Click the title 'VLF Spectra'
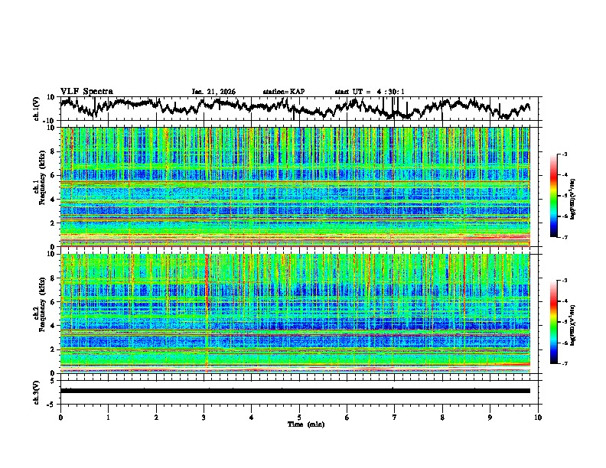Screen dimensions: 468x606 (x=86, y=91)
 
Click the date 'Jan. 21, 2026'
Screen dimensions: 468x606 (x=213, y=92)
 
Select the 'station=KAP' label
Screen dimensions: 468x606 (x=283, y=92)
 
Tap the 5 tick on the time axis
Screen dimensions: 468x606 (x=299, y=417)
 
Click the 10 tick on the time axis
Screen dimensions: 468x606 (x=538, y=417)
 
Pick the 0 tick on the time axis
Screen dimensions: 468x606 (x=60, y=417)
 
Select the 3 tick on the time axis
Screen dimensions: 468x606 (x=204, y=417)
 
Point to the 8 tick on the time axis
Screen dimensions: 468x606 (x=442, y=417)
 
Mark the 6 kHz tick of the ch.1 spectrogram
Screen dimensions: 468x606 (x=54, y=175)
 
